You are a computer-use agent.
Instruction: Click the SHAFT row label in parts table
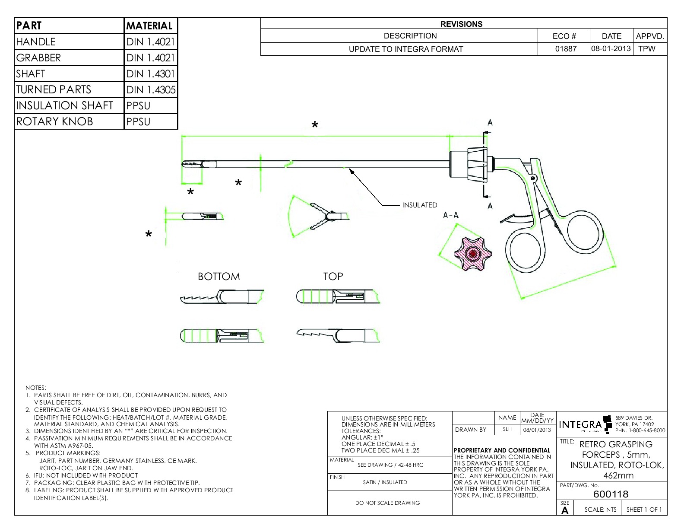pos(31,74)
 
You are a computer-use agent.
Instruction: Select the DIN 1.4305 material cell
pos(151,90)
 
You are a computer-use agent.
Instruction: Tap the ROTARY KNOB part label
pos(54,121)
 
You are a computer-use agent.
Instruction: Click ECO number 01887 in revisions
pos(566,49)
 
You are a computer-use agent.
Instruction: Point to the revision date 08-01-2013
pos(611,48)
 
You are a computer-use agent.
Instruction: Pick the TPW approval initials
pos(646,49)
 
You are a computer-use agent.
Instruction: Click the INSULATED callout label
pos(419,205)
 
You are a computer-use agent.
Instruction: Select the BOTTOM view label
pos(218,277)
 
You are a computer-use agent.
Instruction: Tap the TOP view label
pos(333,277)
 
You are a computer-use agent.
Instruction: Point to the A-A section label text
pos(451,215)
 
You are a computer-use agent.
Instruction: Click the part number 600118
pos(611,494)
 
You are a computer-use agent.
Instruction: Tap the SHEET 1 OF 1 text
pos(644,510)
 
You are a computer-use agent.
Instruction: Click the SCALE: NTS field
pos(600,510)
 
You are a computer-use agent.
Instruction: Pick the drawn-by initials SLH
pos(507,430)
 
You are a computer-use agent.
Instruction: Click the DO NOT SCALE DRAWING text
pos(387,503)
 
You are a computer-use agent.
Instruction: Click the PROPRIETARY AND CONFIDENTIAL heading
pos(502,450)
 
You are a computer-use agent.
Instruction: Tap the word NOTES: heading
pos(36,388)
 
